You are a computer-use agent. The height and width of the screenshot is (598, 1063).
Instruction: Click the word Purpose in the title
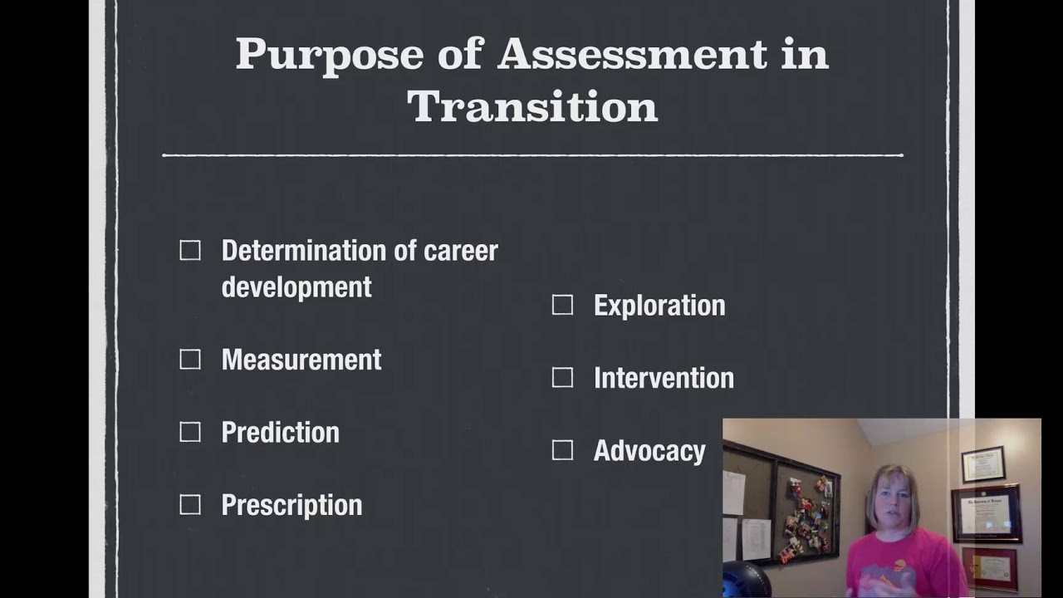tap(330, 55)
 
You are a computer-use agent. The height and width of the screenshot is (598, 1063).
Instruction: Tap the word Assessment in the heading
tap(632, 55)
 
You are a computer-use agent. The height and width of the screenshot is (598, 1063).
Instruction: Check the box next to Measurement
tap(190, 360)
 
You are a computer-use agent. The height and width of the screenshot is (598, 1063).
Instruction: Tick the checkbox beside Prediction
tap(190, 432)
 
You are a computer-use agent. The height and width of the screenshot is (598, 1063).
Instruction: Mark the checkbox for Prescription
tap(190, 505)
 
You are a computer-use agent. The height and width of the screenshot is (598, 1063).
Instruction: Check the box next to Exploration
tap(562, 306)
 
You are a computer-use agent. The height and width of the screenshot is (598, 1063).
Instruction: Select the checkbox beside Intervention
tap(562, 378)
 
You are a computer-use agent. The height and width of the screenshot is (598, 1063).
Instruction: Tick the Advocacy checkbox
tap(562, 450)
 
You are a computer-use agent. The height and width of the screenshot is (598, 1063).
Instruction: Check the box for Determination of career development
tap(190, 251)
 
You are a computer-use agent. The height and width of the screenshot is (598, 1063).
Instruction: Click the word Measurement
tap(301, 360)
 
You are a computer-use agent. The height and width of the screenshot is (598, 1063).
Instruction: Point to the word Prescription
tap(291, 505)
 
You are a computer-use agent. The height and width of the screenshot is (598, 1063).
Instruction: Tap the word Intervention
tap(664, 378)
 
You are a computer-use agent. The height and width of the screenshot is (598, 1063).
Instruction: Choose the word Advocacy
tap(649, 450)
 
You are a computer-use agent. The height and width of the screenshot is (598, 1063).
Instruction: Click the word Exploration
tap(659, 306)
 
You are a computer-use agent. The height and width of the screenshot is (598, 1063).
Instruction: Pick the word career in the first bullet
tap(461, 251)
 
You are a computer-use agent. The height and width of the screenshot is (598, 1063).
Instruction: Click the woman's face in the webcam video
tap(892, 502)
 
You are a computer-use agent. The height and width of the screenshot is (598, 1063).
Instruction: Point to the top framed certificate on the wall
tap(983, 464)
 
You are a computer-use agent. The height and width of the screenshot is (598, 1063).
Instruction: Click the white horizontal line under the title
tap(532, 155)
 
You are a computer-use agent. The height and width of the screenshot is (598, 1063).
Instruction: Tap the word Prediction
tap(280, 432)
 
